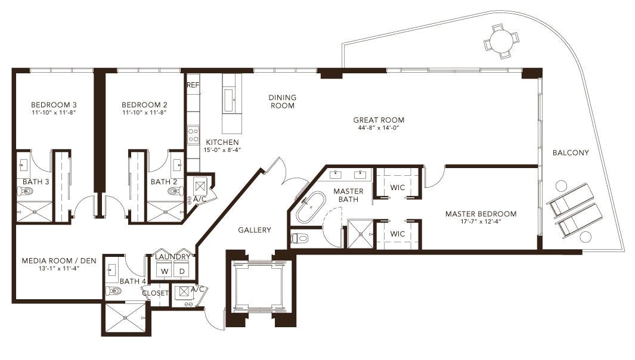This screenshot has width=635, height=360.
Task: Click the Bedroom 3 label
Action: click(x=54, y=105)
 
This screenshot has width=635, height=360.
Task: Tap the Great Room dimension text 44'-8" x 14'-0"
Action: click(x=379, y=128)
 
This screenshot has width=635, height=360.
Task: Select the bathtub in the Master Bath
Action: click(x=310, y=208)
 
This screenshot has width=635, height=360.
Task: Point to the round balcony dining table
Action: click(x=501, y=41)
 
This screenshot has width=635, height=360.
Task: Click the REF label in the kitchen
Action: click(x=193, y=85)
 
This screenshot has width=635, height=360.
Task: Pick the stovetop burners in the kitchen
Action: click(x=193, y=135)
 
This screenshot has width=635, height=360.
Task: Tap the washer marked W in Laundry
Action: click(x=165, y=271)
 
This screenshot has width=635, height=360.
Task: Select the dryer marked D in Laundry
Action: click(x=182, y=271)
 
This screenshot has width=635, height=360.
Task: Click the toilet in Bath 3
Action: click(x=25, y=191)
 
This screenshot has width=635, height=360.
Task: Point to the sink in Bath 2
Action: click(x=177, y=165)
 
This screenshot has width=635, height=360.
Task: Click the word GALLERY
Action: click(x=255, y=230)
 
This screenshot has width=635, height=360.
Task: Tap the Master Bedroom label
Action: click(x=481, y=214)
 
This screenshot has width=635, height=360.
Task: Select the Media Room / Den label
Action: click(x=59, y=261)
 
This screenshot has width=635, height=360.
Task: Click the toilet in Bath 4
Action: click(x=113, y=291)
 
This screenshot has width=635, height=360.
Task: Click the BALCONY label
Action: click(x=571, y=153)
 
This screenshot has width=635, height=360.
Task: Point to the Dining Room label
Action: click(x=282, y=101)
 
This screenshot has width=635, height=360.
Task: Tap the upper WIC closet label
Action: click(x=397, y=188)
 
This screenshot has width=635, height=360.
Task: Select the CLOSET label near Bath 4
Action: click(x=155, y=293)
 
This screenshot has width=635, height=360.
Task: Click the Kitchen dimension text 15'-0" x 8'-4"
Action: click(x=222, y=150)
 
